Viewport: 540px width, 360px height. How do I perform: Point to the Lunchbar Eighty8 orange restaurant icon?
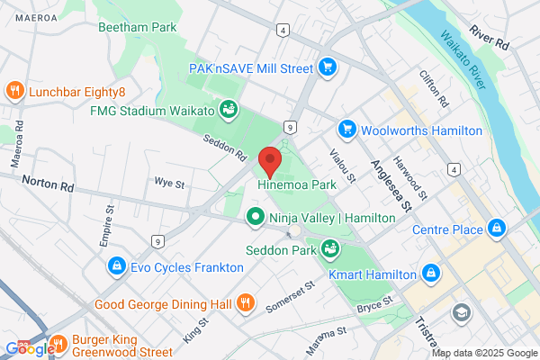tap(14, 90)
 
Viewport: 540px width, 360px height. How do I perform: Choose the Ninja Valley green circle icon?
tap(256, 216)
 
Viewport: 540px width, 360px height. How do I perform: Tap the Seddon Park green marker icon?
tap(331, 247)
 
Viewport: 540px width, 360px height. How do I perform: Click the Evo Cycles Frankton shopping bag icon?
tap(115, 266)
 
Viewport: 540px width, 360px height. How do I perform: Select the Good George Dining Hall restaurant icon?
tap(244, 303)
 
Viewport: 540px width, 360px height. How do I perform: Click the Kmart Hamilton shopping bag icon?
tap(431, 273)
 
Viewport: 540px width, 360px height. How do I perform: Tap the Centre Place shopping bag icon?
tap(496, 229)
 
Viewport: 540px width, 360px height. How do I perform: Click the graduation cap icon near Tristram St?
tap(463, 312)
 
